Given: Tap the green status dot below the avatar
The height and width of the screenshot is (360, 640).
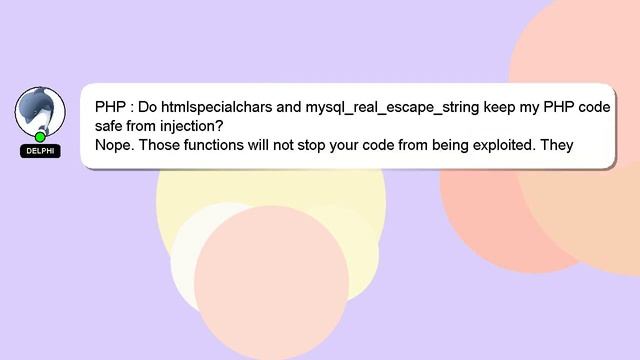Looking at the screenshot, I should pos(40,137).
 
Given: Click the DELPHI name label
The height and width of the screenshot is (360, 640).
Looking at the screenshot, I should pos(40,152).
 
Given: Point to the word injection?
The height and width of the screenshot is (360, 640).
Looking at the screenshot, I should pos(190,126).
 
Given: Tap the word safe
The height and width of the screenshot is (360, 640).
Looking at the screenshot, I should pos(112,126).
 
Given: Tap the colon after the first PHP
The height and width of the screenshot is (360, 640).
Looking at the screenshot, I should pos(131,107).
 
